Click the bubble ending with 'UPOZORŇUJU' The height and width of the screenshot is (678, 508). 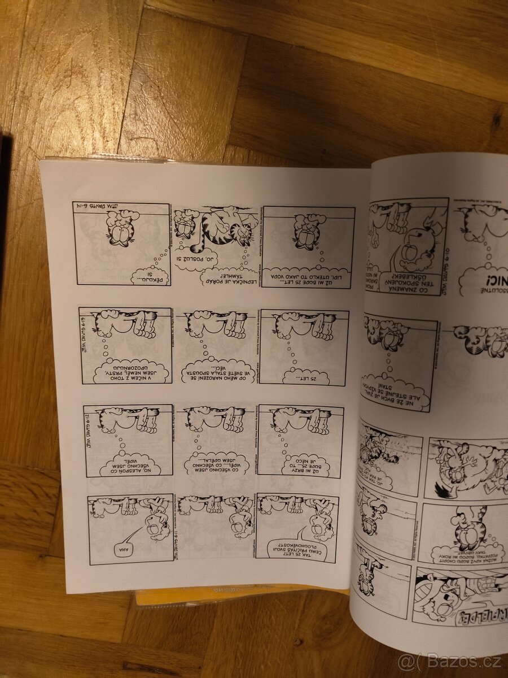pos(133,371)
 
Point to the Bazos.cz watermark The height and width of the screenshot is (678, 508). pos(449,660)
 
